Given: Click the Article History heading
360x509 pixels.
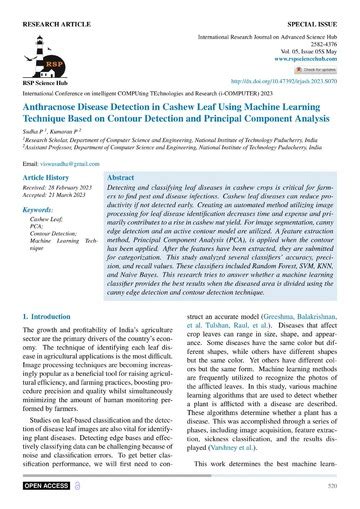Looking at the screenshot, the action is pos(49,176).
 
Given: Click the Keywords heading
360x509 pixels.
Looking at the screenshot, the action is pos(41,211).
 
